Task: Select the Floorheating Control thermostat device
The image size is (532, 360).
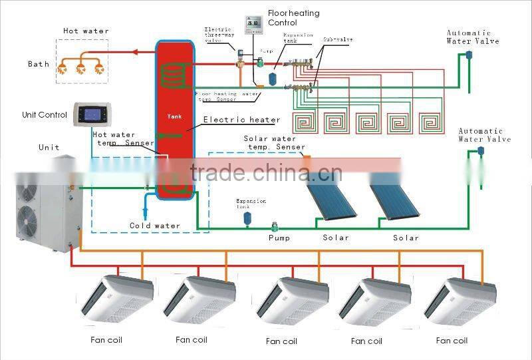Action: (x=253, y=25)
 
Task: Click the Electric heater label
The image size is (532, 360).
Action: (x=241, y=120)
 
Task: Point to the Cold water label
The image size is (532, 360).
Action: (x=154, y=226)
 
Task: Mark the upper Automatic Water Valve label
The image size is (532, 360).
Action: (x=472, y=37)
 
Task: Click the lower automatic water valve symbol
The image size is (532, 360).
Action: (x=480, y=152)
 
